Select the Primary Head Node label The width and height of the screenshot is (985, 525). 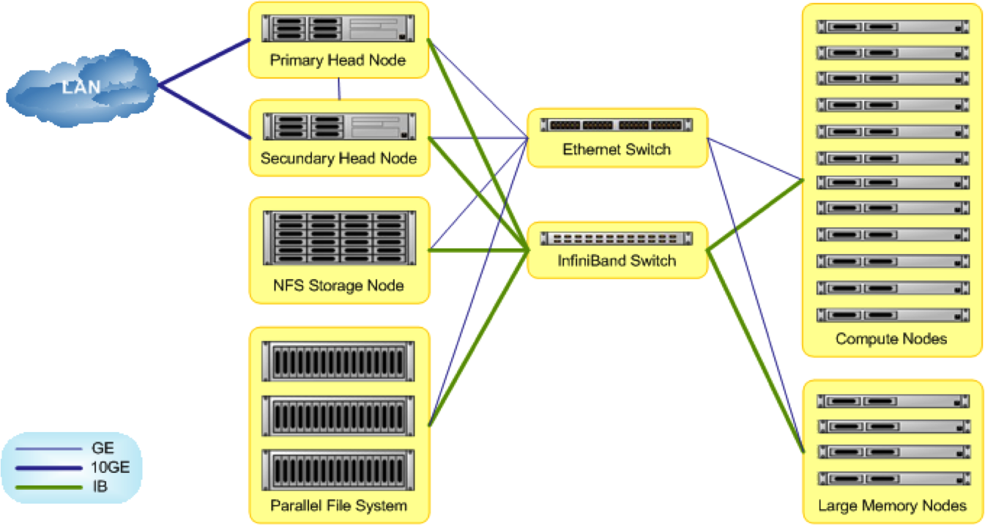pyautogui.click(x=338, y=60)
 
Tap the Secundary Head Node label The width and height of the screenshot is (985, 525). pyautogui.click(x=338, y=158)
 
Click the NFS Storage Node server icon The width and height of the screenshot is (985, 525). pyautogui.click(x=338, y=237)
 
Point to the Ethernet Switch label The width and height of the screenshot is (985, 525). pyautogui.click(x=616, y=149)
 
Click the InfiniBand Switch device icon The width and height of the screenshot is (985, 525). pyautogui.click(x=617, y=239)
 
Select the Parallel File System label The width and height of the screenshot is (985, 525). pyautogui.click(x=338, y=505)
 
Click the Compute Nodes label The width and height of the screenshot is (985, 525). pyautogui.click(x=891, y=338)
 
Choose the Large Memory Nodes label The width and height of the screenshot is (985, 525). pyautogui.click(x=892, y=505)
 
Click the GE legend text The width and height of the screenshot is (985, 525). pyautogui.click(x=103, y=448)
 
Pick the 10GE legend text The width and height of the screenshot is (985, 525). pyautogui.click(x=111, y=467)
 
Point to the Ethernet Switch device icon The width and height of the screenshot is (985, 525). pyautogui.click(x=617, y=125)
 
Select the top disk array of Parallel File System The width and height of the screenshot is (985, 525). pyautogui.click(x=338, y=360)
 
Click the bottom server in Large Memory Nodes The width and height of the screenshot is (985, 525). pyautogui.click(x=892, y=478)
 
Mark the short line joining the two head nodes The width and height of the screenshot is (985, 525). pyautogui.click(x=340, y=89)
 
